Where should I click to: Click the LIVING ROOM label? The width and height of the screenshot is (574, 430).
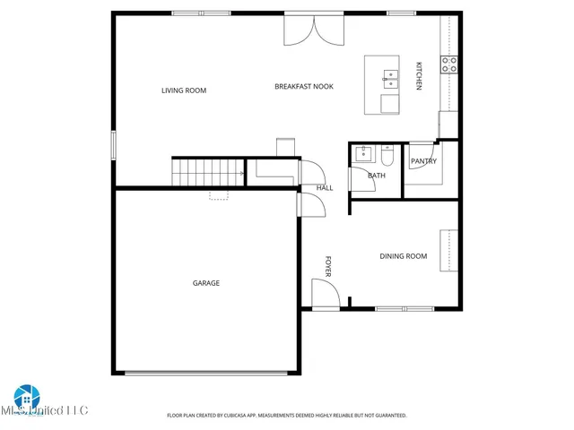pos(184,90)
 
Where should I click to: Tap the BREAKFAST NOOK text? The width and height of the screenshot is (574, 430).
pos(304,86)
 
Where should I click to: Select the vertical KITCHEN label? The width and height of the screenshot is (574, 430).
pos(418,75)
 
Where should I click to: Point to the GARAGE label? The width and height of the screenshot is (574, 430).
pos(206,283)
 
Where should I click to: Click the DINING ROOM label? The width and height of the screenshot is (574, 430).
pos(403,256)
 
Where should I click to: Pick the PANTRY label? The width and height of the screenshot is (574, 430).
pos(422,161)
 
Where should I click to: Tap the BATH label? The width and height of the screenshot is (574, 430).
pos(376,175)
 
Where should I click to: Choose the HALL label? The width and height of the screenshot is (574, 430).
pos(325,188)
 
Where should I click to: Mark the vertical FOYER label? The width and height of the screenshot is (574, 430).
pos(328,266)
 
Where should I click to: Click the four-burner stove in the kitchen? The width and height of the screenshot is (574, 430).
pos(448,64)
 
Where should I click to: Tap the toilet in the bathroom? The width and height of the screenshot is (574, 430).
pos(387,156)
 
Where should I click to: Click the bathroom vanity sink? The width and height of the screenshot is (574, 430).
pos(362,153)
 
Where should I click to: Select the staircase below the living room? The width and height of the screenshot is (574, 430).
pos(209,170)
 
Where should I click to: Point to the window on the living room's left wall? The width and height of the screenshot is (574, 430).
pos(114,144)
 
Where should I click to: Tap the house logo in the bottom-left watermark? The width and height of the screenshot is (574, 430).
pos(24,398)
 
